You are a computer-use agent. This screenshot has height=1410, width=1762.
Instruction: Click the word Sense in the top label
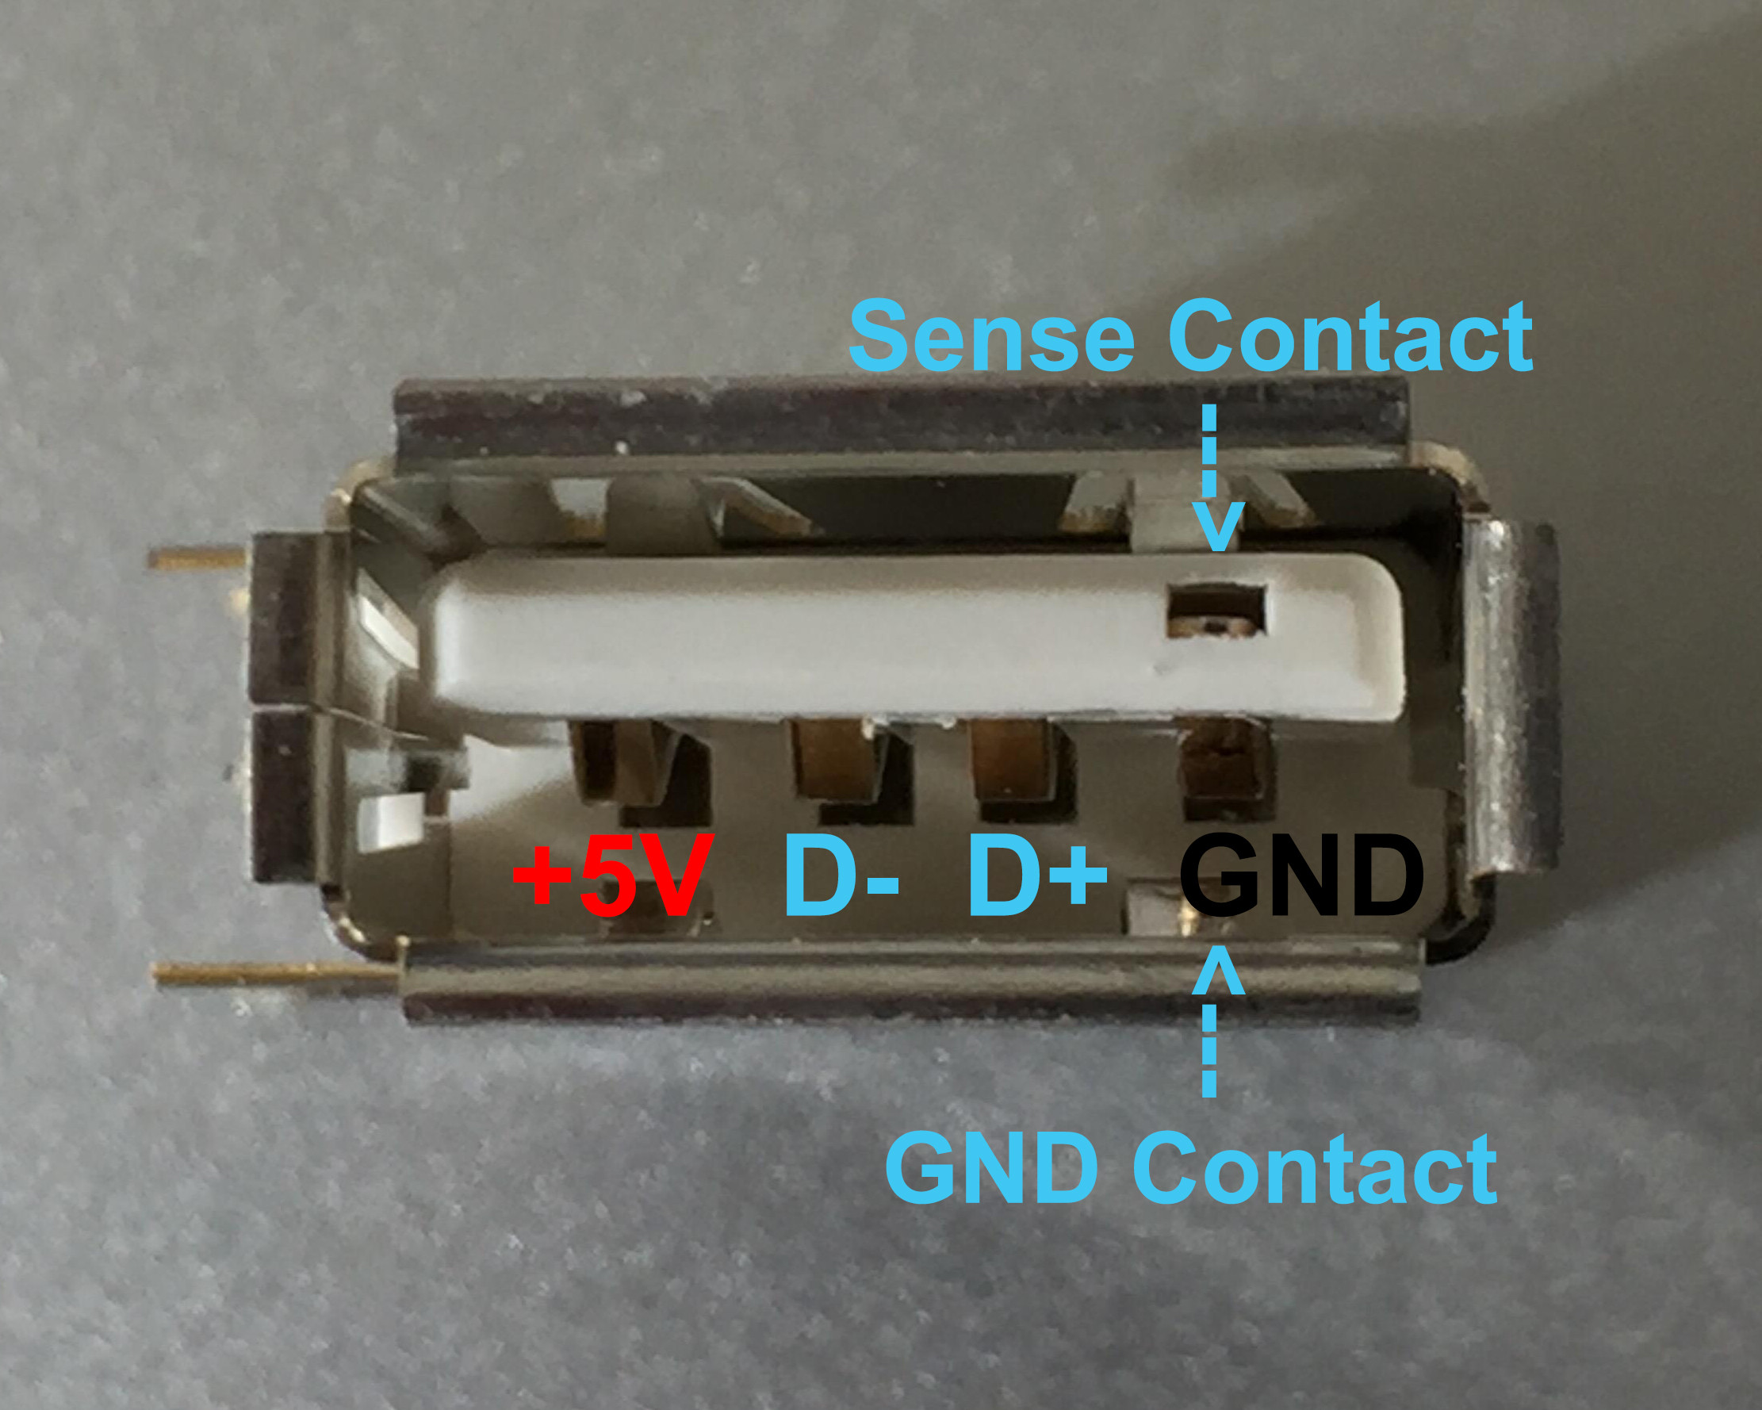(990, 336)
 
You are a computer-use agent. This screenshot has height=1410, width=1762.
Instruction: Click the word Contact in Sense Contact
(1350, 336)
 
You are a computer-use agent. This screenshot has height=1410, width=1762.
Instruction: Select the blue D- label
(840, 876)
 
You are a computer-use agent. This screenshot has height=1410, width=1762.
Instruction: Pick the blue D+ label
(1036, 876)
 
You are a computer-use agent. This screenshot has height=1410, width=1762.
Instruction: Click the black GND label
(1301, 876)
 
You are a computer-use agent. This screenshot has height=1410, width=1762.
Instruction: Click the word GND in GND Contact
(991, 1169)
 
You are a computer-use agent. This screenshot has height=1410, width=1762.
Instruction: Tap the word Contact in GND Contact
(1315, 1169)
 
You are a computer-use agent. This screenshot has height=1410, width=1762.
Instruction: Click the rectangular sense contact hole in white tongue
(1216, 609)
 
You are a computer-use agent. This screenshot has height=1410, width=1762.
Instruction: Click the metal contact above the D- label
(837, 761)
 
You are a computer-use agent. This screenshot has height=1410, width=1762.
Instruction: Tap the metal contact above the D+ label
(1013, 761)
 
